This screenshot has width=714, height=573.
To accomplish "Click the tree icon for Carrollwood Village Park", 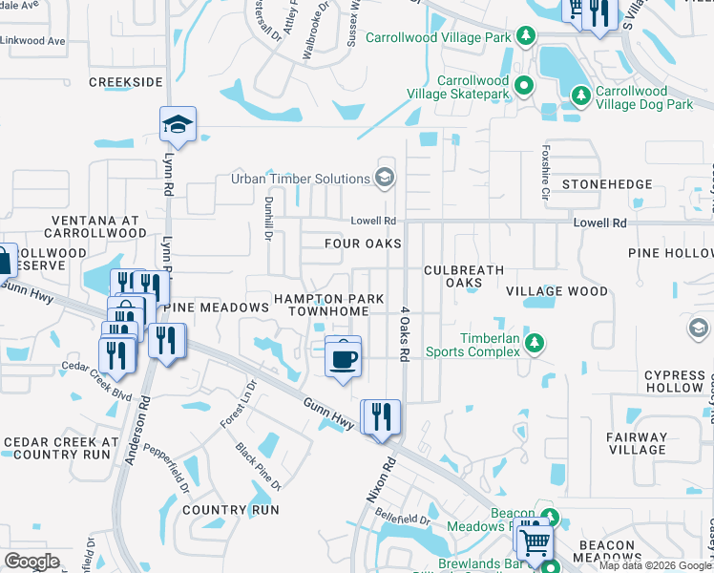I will pos(524,36).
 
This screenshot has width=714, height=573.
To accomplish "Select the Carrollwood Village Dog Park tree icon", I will pos(580,95).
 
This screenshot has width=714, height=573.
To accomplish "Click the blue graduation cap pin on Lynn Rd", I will pos(178,124).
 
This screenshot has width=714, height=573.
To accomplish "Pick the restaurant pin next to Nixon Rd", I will pos(381,417).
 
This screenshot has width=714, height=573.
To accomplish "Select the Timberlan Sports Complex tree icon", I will pos(535,342).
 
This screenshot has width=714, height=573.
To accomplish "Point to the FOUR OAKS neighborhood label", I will pos(362,244).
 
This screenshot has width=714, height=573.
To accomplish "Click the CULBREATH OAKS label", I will pos(464,276).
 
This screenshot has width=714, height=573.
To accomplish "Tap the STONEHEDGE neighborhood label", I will pos(607,183).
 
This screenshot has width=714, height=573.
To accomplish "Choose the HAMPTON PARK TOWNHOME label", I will pos(328,305).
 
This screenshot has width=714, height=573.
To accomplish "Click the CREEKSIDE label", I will pos(125,82).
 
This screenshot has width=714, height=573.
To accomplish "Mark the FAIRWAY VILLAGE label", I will pos(637,443).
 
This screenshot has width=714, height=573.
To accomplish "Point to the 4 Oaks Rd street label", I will pos(405,332).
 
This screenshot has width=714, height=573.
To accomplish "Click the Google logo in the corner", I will pos(32,562).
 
